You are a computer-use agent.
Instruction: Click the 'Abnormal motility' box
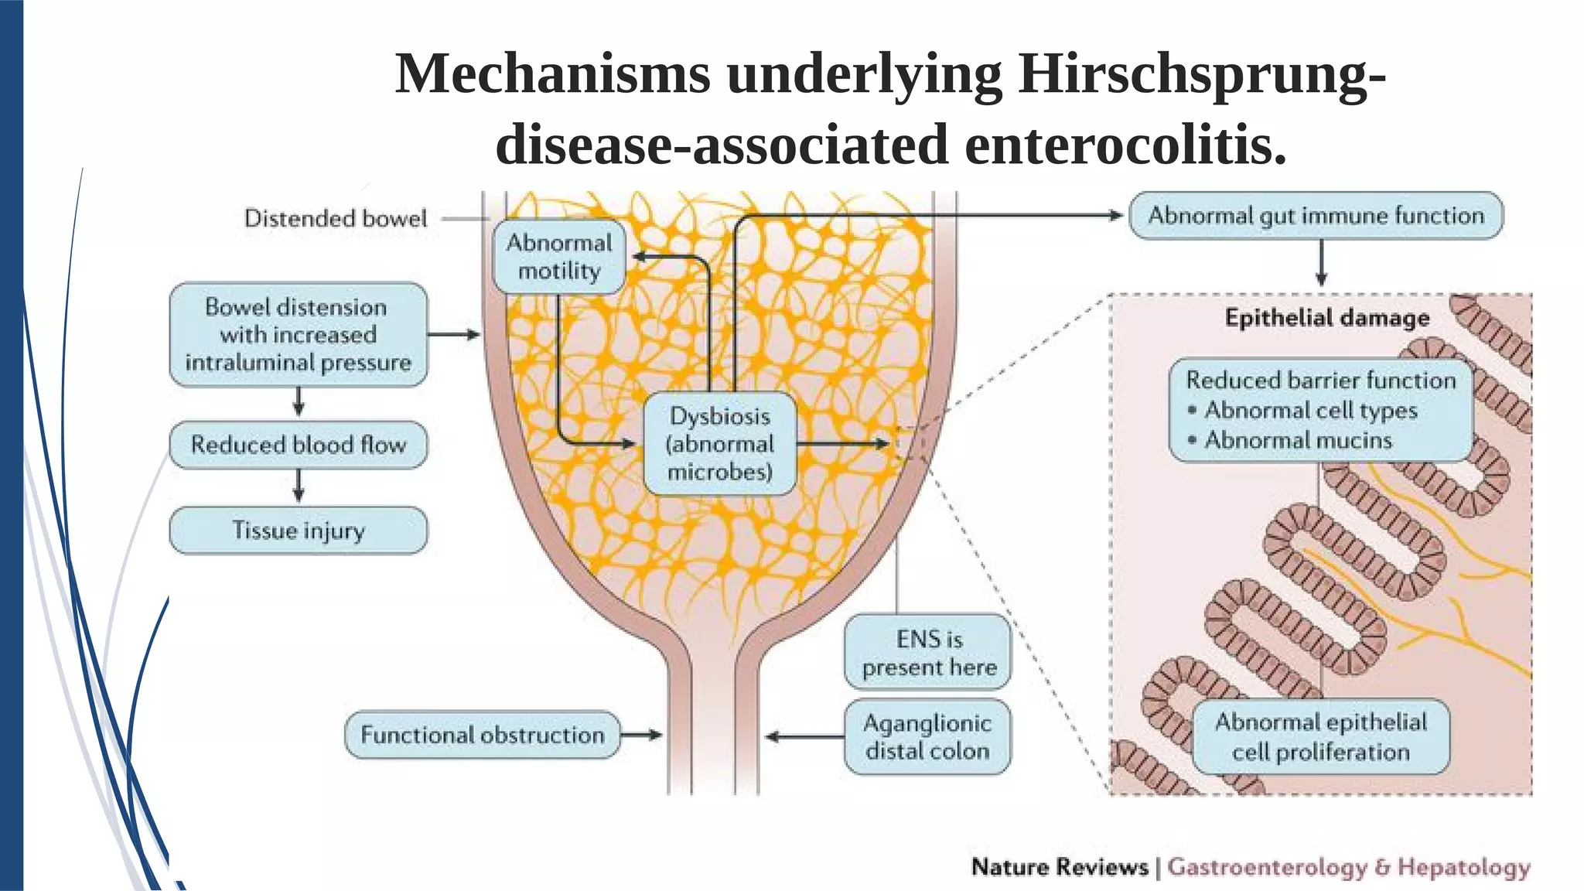coord(559,257)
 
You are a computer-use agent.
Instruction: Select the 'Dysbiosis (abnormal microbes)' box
coord(720,443)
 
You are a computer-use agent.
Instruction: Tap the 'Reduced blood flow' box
coord(299,445)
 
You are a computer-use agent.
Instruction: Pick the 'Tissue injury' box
coord(299,531)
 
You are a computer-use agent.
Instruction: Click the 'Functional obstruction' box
coord(483,735)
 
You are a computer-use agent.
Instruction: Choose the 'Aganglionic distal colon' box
coord(927,736)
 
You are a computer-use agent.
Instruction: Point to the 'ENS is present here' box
coord(928,652)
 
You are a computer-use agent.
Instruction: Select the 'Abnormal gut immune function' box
coord(1316,216)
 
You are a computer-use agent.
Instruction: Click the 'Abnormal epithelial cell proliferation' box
coord(1320,736)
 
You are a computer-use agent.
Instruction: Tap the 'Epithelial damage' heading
coord(1327,318)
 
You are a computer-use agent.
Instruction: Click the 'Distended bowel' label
coord(336,219)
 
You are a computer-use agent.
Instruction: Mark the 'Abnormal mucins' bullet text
coord(1299,440)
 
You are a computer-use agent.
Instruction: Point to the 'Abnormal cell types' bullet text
coord(1311,410)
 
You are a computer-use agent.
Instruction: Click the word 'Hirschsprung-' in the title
coord(1201,75)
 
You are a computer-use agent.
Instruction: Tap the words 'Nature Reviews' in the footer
coord(1060,867)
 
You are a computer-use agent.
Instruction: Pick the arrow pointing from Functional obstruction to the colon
coord(642,735)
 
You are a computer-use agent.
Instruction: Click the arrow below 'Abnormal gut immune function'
coord(1321,264)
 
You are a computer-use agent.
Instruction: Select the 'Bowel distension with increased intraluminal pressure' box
coord(299,334)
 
